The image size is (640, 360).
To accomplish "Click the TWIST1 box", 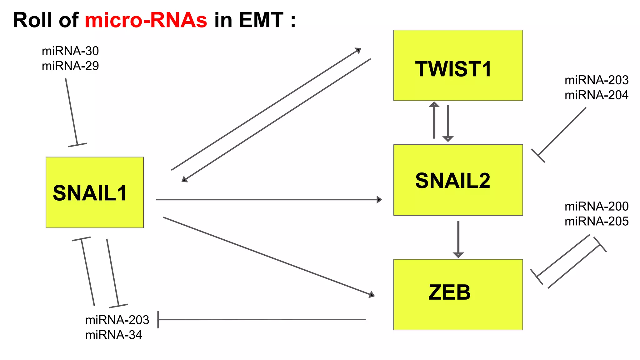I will coord(458,65).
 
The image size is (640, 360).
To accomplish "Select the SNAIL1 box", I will coord(95,192).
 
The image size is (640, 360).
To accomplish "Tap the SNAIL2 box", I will coord(458,180).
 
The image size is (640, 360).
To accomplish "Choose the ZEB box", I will coord(458,294).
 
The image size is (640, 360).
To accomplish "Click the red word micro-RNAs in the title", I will coord(146,20).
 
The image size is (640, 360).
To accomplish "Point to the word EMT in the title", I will coord(261,20).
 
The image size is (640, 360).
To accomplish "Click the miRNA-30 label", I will coord(70,51).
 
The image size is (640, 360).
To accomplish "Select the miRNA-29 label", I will coord(70,66).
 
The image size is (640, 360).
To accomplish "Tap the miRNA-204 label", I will coord(596,95).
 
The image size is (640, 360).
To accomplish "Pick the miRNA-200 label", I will coord(596,206).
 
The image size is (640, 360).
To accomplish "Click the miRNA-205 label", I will coord(596,221).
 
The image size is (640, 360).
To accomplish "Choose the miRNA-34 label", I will coord(114,335).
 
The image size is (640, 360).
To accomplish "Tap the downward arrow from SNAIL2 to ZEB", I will coord(458,237).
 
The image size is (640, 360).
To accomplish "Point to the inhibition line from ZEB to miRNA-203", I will coord(262,319).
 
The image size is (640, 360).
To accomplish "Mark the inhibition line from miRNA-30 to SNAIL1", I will coord(72,111).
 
